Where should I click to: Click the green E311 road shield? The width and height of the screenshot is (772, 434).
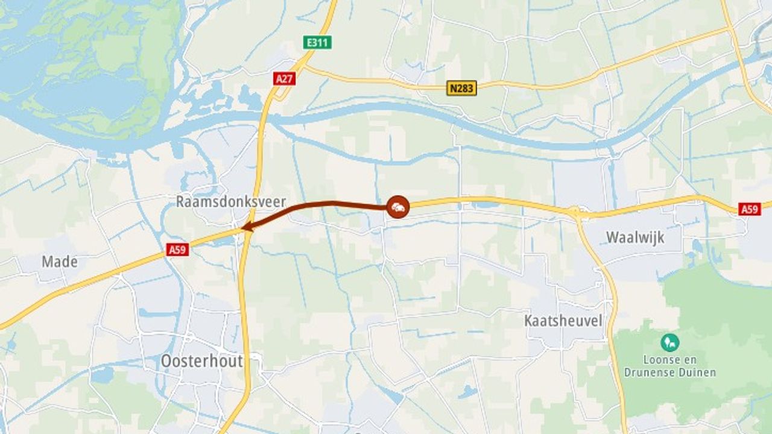pos(317,42)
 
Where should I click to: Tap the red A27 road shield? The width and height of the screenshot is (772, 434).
pos(284,78)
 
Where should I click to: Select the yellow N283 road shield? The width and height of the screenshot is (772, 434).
pos(462,88)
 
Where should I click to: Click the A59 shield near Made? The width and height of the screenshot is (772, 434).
pos(177,249)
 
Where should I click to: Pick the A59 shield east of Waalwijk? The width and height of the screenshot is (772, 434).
pos(750,209)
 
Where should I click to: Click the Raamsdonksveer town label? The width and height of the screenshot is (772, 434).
pos(230,201)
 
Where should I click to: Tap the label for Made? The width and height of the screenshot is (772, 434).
pos(59,262)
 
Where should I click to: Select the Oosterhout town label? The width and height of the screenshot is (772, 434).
pos(201,361)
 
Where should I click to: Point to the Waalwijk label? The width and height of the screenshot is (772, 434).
pos(635,237)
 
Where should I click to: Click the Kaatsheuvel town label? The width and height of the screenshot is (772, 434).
pos(563,321)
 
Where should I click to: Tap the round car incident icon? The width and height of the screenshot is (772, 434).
pos(398,207)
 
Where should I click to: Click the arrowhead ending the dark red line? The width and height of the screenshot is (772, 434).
pos(245,227)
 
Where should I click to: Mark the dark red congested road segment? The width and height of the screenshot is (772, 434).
pos(320,205)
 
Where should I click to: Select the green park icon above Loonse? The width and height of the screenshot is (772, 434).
pos(669,343)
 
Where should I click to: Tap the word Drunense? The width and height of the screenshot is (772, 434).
pos(647,372)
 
